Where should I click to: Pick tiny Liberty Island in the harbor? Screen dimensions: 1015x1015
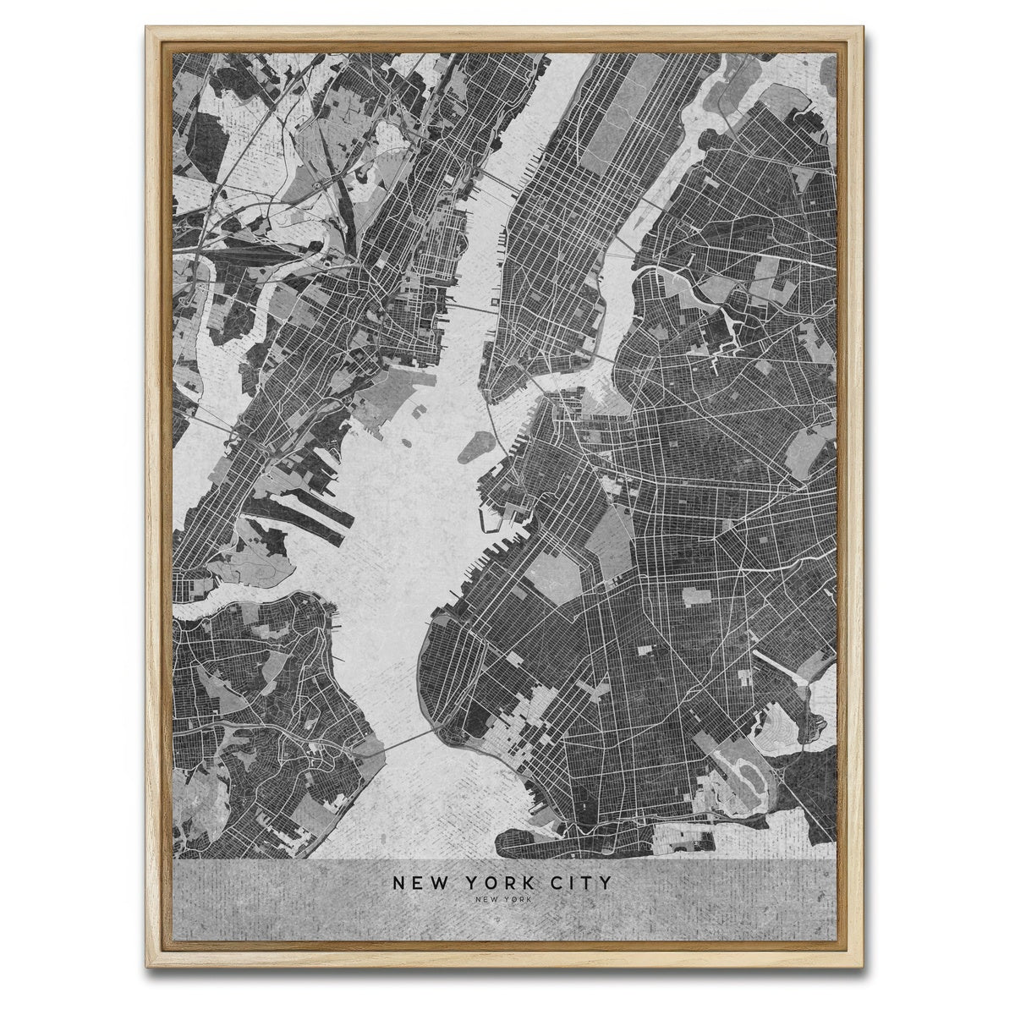click(x=420, y=414)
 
